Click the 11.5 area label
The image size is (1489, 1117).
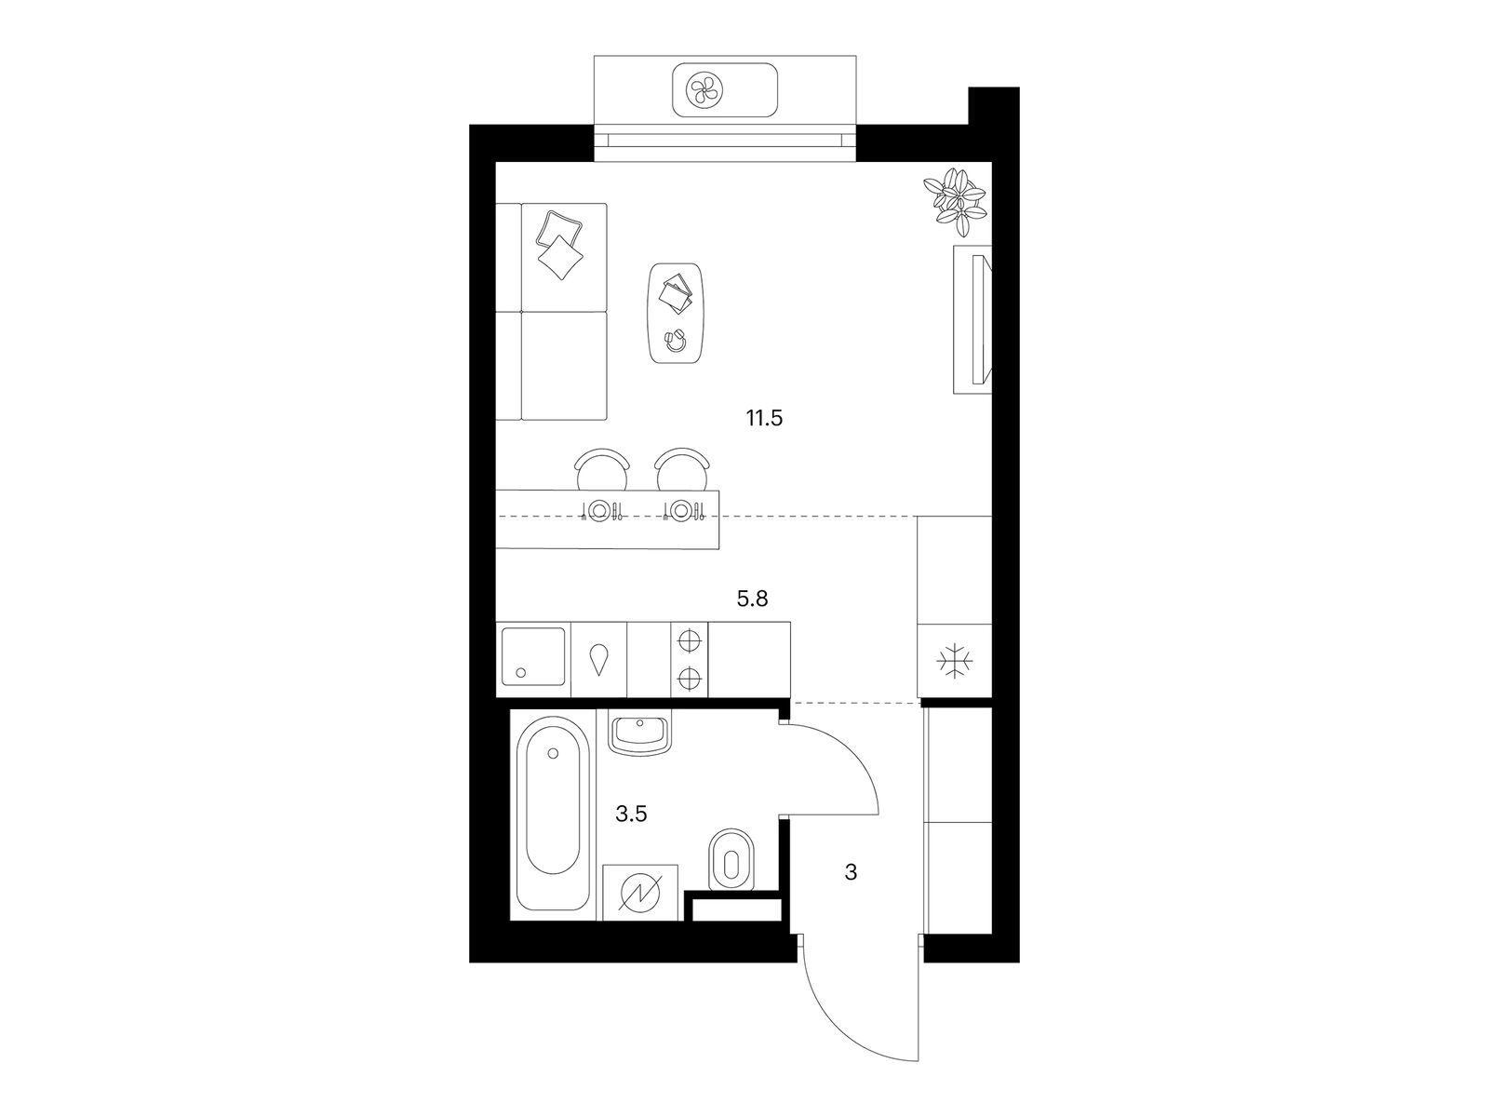[765, 419]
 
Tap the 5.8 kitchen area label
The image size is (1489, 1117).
[752, 599]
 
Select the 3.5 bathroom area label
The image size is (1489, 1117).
[631, 814]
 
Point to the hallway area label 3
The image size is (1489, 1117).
[851, 871]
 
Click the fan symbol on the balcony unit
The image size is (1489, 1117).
[704, 89]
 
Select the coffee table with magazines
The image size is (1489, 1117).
[677, 314]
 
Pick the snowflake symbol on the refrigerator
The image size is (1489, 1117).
[955, 661]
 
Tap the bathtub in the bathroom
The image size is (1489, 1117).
[553, 814]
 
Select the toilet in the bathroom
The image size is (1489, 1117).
[731, 858]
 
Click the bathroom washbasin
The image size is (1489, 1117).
[639, 733]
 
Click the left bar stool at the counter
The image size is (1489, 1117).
[602, 469]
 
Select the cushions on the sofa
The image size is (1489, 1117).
[559, 244]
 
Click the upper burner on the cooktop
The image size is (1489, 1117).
[690, 641]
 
